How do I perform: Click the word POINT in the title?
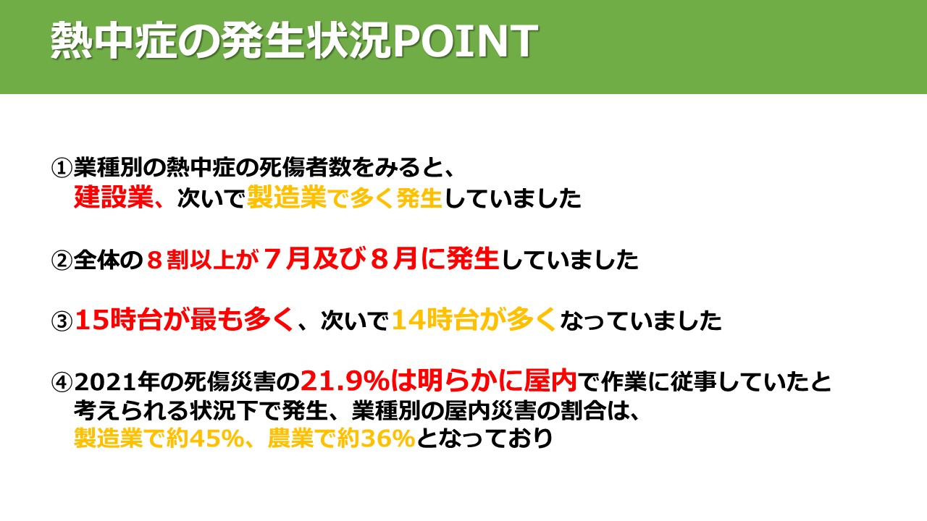click(464, 41)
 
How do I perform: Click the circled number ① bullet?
click(62, 168)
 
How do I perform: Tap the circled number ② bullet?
click(62, 260)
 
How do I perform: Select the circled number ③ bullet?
click(62, 321)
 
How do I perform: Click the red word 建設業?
click(114, 198)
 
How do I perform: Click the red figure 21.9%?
click(345, 381)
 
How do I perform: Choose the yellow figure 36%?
click(387, 439)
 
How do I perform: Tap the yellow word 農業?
click(290, 439)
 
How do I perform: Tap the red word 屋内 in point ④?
click(550, 381)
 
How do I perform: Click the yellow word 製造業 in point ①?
click(288, 198)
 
